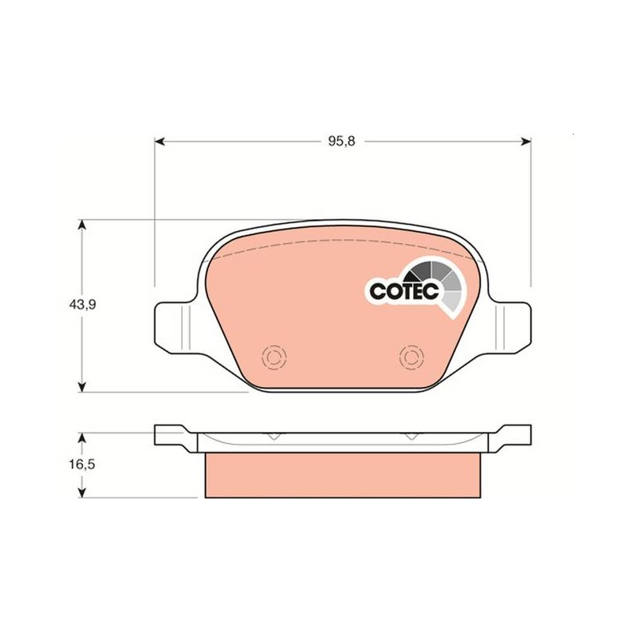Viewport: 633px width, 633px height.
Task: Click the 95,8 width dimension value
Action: [342, 142]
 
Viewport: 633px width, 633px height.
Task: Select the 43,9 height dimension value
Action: [82, 305]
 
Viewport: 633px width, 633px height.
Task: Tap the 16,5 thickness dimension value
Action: [81, 464]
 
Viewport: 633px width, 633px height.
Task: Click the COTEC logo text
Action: [404, 290]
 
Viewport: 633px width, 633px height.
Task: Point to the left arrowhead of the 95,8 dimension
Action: [160, 142]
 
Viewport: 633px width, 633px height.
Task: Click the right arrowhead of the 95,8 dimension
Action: [525, 142]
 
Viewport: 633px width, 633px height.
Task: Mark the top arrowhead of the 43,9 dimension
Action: [82, 226]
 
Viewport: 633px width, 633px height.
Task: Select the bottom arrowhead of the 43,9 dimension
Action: [82, 387]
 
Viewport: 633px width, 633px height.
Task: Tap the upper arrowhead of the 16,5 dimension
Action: [82, 439]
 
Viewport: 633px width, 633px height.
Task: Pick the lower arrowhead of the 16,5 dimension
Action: [82, 492]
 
